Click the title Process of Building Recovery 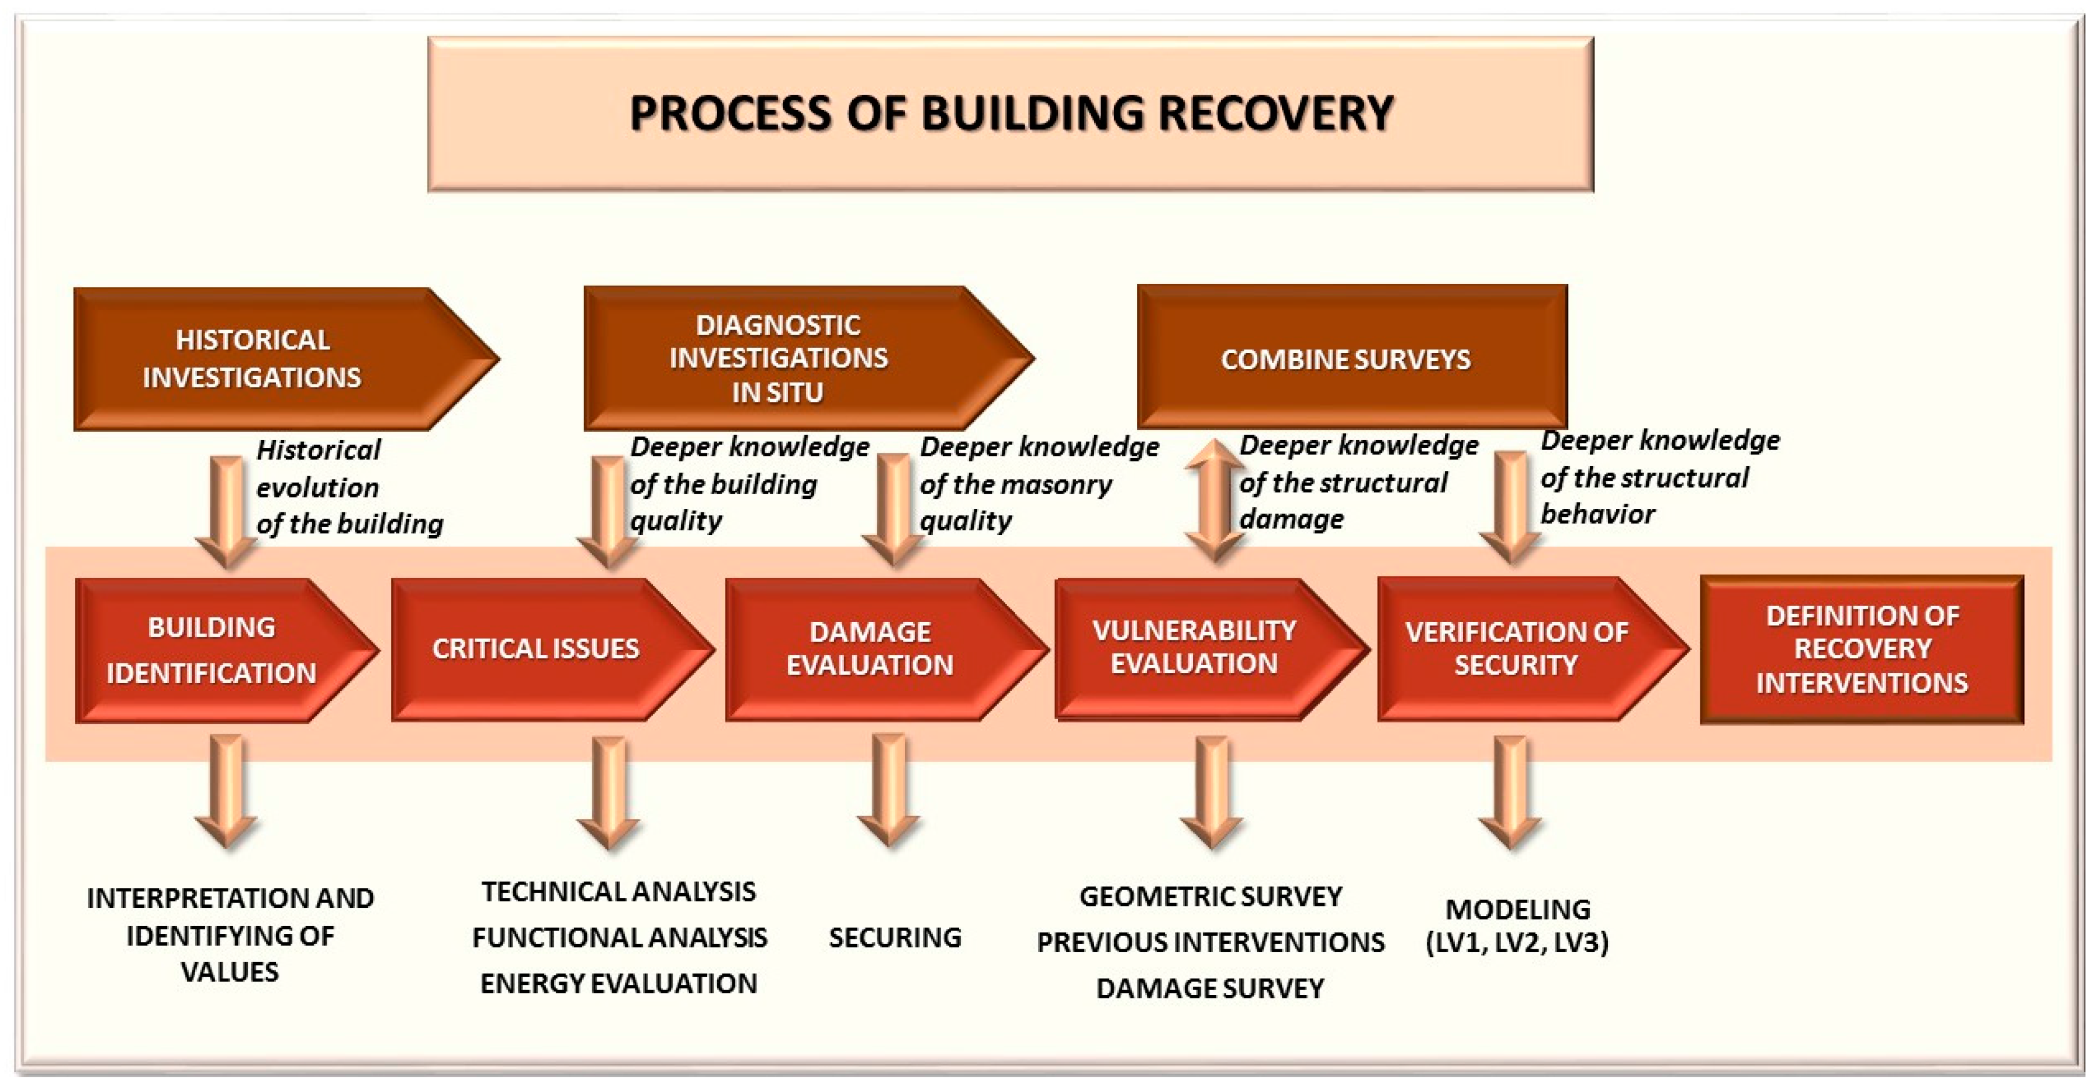[1011, 114]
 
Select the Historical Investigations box [268, 359]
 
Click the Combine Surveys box [1351, 358]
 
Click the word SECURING [895, 938]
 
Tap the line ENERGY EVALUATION [618, 984]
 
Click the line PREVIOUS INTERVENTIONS [1210, 943]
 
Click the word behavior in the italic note [1597, 514]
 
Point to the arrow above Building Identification [227, 511]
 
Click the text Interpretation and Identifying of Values [230, 935]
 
